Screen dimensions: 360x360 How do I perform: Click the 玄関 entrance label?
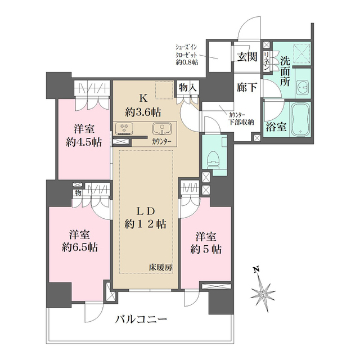point(247,56)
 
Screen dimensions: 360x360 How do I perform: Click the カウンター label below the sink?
point(162,141)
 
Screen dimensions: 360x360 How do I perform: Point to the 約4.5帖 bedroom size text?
point(83,142)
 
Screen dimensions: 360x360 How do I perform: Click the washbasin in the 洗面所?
point(303,88)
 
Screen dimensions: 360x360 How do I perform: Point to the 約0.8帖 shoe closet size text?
point(187,63)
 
